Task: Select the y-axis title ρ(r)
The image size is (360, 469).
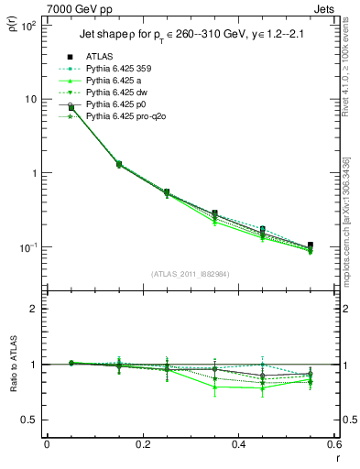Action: point(12,24)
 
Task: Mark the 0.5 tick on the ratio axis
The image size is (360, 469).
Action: point(34,420)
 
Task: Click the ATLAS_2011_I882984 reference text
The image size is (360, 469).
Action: point(190,274)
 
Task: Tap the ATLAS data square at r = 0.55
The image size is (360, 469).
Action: point(311,245)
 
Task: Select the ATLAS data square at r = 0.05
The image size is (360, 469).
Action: point(71,107)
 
